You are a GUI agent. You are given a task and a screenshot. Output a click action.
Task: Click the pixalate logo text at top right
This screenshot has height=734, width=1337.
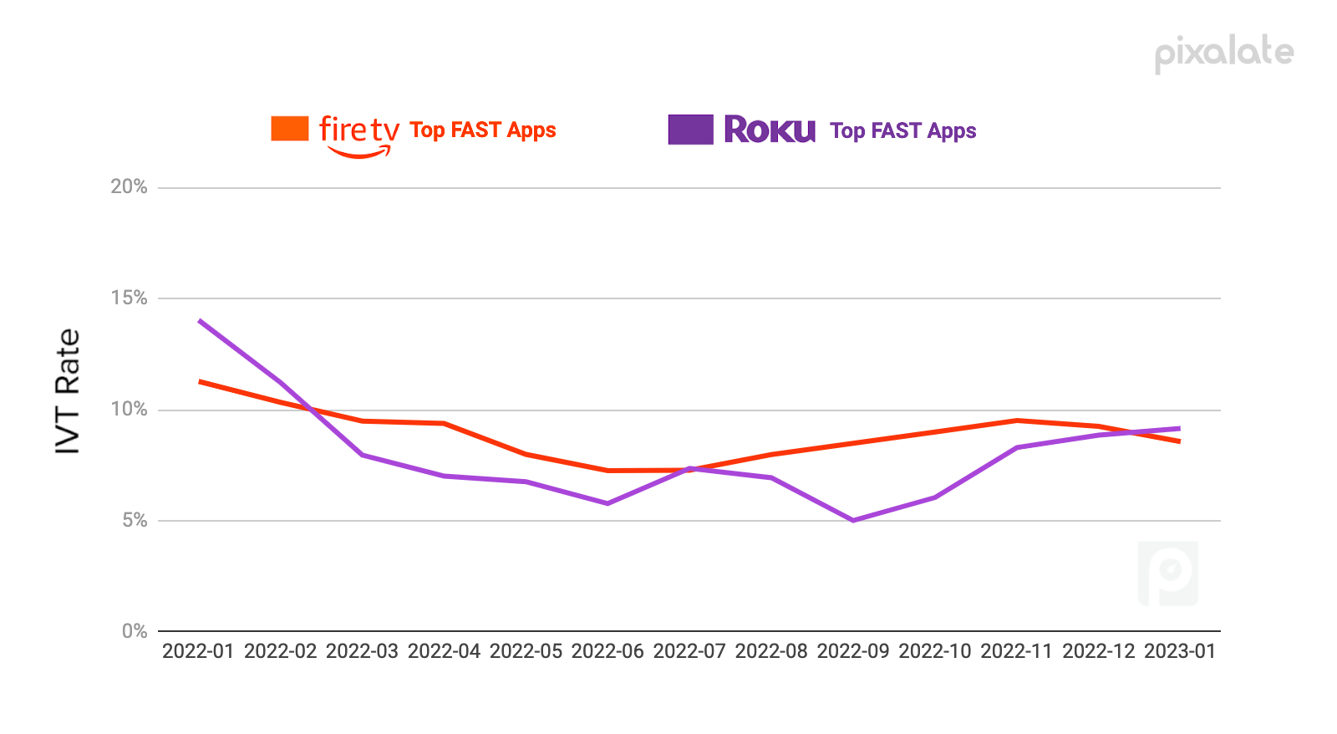(1224, 54)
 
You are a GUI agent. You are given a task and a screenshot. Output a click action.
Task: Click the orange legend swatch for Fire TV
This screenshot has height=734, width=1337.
(290, 129)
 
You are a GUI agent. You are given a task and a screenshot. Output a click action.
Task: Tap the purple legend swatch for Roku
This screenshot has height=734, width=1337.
(690, 130)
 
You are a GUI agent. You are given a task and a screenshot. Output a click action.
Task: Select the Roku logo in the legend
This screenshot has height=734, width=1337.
(770, 130)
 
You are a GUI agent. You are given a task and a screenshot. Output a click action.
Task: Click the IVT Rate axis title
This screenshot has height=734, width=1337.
(68, 391)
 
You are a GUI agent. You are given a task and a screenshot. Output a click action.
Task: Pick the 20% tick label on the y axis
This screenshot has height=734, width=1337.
(129, 186)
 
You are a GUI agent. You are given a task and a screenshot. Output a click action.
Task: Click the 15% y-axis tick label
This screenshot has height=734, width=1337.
(129, 298)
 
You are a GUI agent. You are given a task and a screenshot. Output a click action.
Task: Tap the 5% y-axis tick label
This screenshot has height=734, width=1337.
(134, 520)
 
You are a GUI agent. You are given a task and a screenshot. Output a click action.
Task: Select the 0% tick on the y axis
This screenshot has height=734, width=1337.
(134, 631)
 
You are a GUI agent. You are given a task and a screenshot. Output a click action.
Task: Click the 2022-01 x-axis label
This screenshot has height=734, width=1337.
(198, 651)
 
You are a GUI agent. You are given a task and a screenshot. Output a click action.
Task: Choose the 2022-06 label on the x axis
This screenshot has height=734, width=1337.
(607, 651)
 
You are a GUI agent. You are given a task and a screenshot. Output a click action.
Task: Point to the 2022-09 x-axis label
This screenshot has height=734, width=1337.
(853, 651)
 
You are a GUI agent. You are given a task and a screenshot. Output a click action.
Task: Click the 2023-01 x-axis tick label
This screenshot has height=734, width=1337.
(1180, 651)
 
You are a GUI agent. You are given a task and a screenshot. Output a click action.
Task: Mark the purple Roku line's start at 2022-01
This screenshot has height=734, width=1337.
(200, 320)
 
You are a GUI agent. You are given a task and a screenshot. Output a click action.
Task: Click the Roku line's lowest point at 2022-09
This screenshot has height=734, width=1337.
(853, 520)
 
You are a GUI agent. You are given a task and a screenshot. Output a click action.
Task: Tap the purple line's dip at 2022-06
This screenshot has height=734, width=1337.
(607, 503)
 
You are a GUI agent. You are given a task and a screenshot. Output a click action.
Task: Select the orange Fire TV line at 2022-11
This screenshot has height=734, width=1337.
(1017, 421)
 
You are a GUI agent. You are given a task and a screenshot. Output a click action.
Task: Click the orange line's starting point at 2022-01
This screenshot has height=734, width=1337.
(200, 381)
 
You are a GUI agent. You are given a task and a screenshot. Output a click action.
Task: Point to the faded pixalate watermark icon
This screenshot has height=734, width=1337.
(1168, 573)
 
